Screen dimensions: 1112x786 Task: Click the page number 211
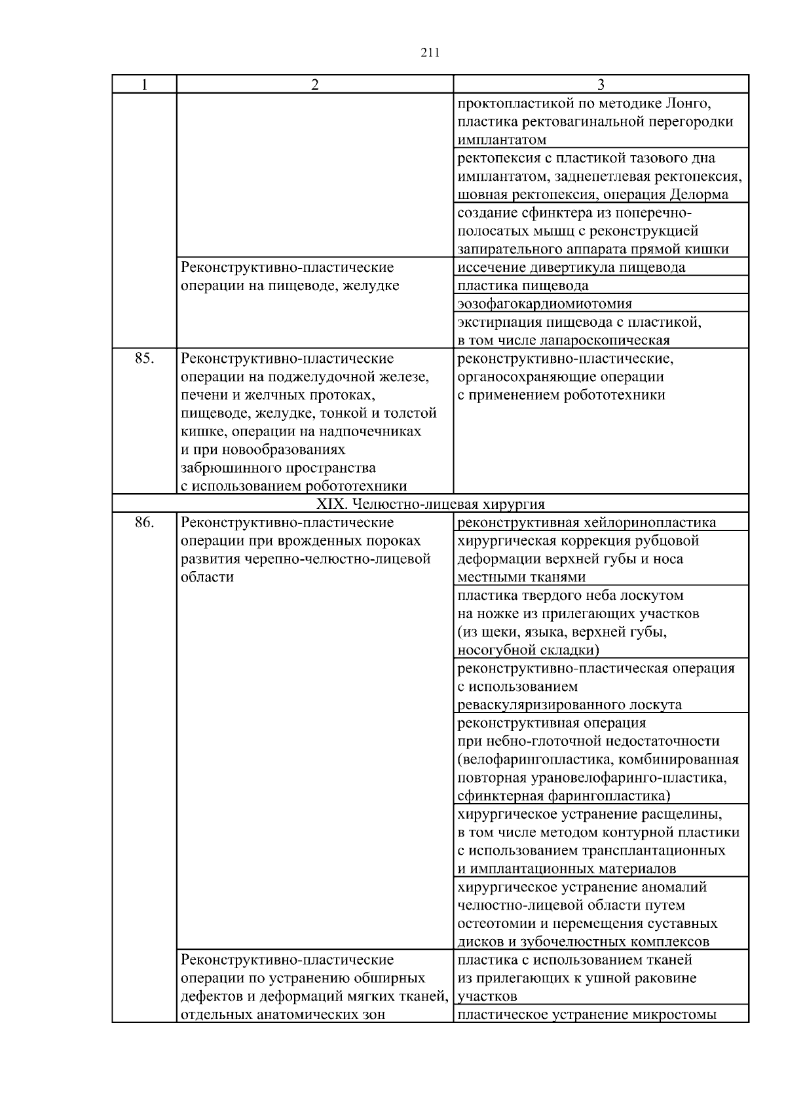point(429,53)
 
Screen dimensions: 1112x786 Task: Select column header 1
point(144,84)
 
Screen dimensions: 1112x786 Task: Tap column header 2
point(314,84)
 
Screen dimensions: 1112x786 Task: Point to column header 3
point(601,84)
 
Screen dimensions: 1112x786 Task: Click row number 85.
point(144,359)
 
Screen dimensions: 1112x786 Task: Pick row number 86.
point(144,523)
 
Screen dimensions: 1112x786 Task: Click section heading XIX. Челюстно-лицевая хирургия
point(430,504)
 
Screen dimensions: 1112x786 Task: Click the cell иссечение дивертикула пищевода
point(571,267)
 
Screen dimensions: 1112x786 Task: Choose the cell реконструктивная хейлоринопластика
point(586,523)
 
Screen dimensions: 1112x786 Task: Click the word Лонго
point(687,103)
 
